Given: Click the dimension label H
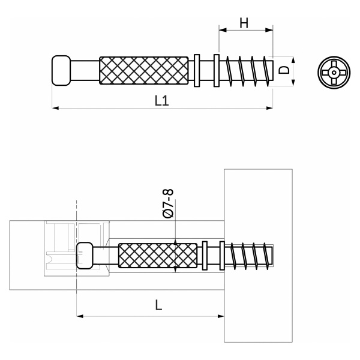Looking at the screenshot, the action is click(x=244, y=23).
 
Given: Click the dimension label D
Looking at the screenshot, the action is click(x=284, y=70).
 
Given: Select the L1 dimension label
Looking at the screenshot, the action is click(x=162, y=101).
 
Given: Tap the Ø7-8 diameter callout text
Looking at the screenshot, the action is click(x=168, y=203).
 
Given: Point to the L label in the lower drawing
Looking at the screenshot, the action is click(x=159, y=305).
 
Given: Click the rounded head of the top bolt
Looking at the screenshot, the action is click(x=61, y=70).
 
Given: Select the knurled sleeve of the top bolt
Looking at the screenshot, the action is click(x=144, y=70).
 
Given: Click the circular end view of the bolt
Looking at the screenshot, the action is click(x=334, y=73).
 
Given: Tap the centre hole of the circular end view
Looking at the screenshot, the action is click(x=334, y=73).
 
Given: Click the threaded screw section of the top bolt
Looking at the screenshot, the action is click(x=247, y=71).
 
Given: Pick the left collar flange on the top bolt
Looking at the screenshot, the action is click(x=197, y=70).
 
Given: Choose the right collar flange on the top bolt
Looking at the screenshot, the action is click(x=216, y=70).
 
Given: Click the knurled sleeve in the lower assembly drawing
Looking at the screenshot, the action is click(x=158, y=256).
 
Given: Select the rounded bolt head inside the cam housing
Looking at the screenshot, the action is click(x=85, y=256).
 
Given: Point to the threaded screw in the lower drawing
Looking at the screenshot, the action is click(x=249, y=256).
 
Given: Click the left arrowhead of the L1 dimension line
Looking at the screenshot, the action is click(x=55, y=108).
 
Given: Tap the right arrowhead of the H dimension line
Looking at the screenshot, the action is click(x=269, y=30).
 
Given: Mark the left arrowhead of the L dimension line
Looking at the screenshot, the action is click(x=80, y=316).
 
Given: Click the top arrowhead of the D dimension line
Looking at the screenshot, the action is click(x=293, y=60).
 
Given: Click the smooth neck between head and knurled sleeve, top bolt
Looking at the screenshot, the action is click(x=85, y=70).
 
